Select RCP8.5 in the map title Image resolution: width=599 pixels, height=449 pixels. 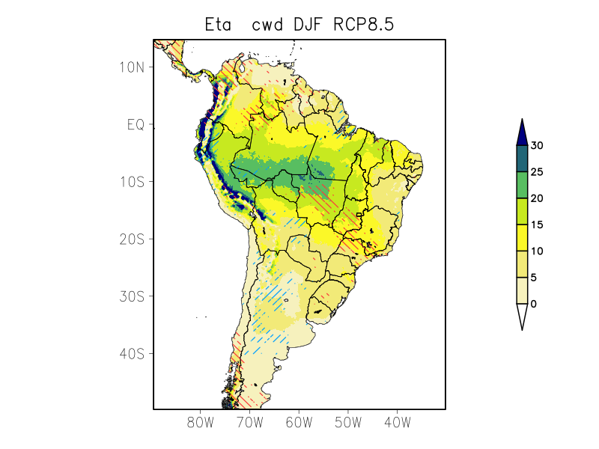click(363, 25)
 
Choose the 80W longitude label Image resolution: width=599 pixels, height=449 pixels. click(201, 422)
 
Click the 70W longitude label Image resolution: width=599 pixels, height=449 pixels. click(249, 422)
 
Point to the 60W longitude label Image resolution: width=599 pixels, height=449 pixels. click(299, 422)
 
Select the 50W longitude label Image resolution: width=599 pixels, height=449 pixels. click(348, 422)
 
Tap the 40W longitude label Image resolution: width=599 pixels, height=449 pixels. click(397, 422)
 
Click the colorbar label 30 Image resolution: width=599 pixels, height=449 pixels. click(537, 146)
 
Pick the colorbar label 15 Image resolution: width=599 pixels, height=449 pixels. click(537, 224)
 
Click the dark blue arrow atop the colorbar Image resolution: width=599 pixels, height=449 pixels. click(522, 132)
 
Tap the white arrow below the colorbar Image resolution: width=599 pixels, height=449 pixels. click(522, 316)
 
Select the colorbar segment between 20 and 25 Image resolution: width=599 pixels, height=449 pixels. click(522, 185)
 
